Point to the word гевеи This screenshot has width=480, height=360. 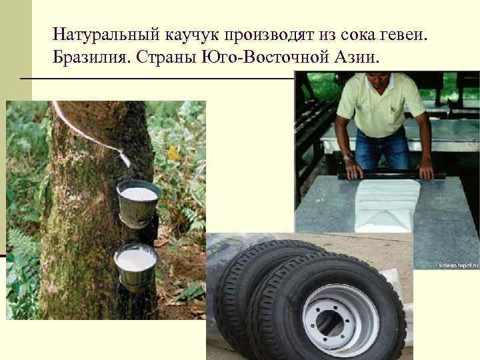tap(414, 33)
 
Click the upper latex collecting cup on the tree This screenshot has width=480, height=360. tap(139, 200)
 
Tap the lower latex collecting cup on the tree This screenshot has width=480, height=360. tap(135, 265)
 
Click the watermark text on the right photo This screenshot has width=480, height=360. tap(458, 265)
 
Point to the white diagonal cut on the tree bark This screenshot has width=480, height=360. tap(80, 127)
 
